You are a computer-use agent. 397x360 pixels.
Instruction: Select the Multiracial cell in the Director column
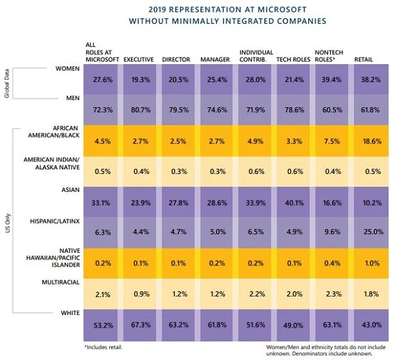pos(177,294)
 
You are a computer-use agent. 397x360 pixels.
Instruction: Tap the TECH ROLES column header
pos(292,60)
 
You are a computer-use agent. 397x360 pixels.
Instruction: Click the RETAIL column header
pos(364,60)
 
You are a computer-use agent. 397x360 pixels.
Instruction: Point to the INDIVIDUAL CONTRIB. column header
pos(255,56)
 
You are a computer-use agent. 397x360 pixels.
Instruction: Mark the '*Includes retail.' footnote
pos(105,346)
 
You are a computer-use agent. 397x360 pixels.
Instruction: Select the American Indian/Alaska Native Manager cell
pos(215,171)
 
